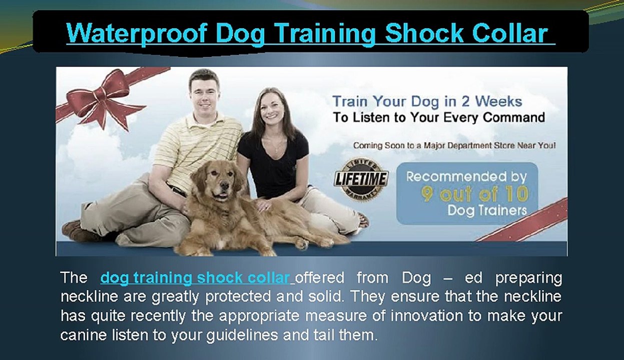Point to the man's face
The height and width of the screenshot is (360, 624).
pos(204,93)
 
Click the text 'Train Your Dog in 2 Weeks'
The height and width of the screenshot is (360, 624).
pos(427,101)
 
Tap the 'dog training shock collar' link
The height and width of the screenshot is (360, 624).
pos(195,277)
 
